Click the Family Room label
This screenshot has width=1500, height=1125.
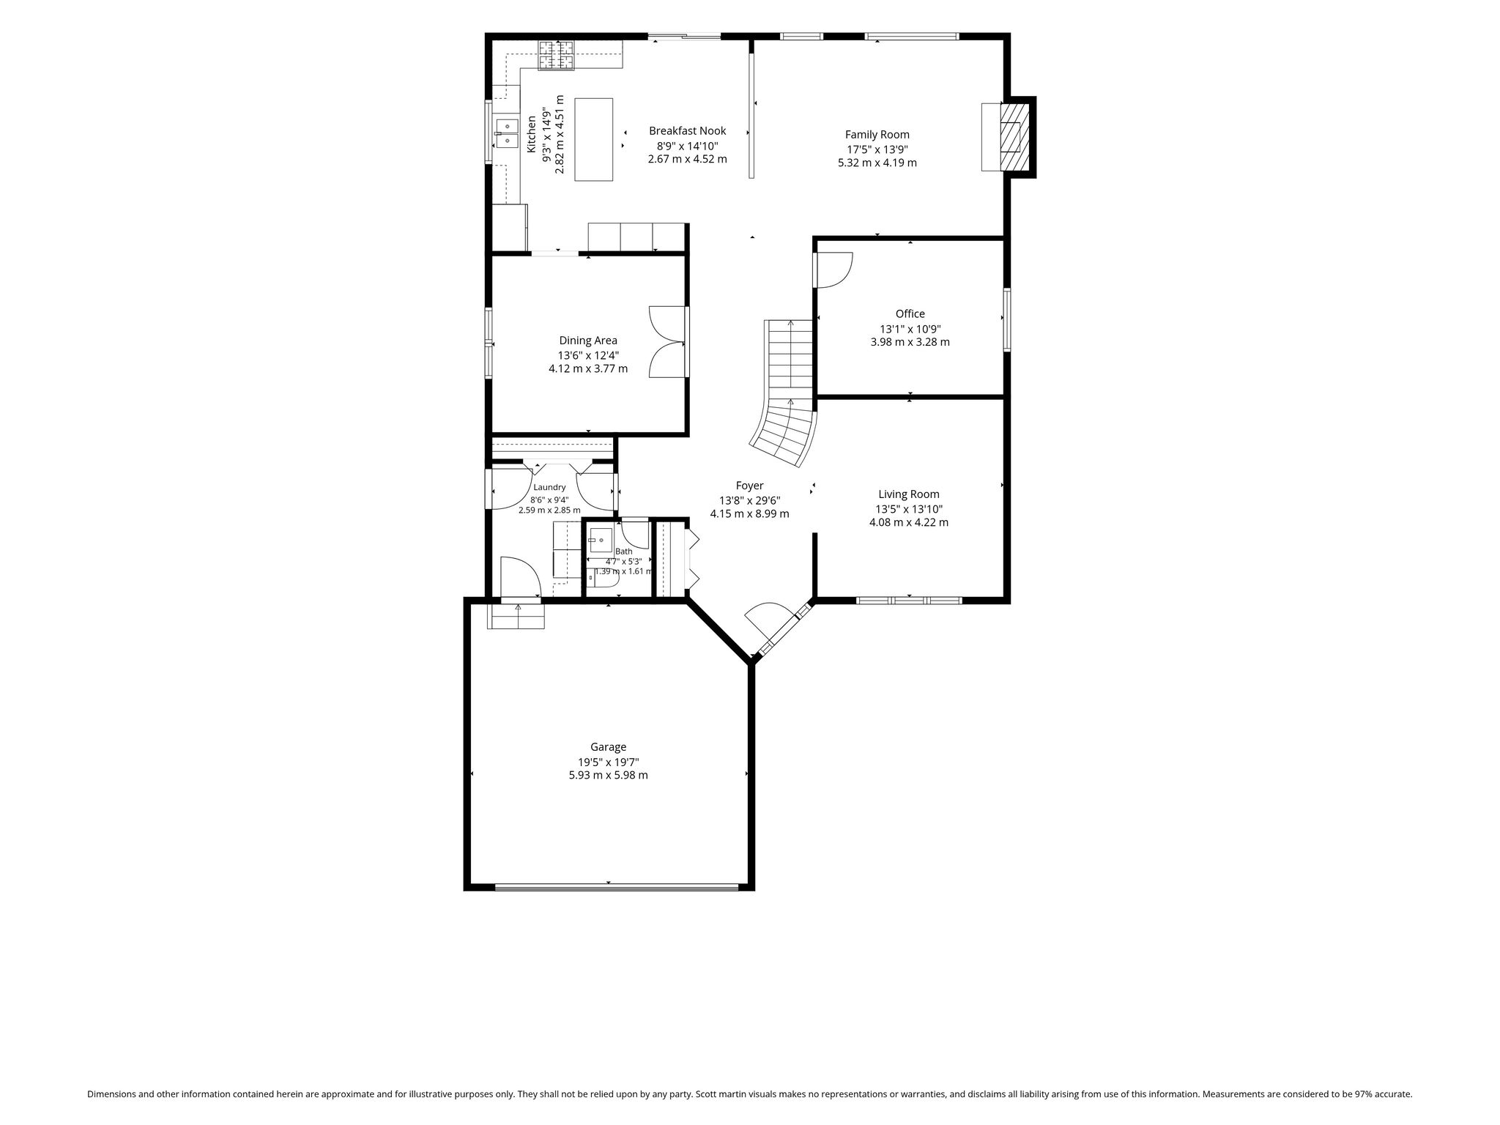tap(877, 135)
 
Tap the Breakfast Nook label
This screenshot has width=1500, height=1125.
tap(687, 131)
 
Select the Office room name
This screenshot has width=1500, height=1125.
tap(910, 314)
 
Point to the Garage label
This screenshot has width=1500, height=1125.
tap(608, 747)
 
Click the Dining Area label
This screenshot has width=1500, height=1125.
tap(588, 341)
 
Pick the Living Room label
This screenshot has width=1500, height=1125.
tap(909, 494)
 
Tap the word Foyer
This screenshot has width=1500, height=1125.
tap(749, 486)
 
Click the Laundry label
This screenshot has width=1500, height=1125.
tap(549, 488)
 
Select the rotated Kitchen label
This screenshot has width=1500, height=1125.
tap(532, 134)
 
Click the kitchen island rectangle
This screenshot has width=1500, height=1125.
tap(594, 139)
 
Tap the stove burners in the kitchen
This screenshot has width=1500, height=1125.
tap(557, 56)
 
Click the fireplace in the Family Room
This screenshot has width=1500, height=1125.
tap(1010, 137)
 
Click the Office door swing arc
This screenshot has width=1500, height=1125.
tap(836, 270)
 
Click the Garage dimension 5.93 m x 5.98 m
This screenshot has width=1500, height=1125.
tap(608, 775)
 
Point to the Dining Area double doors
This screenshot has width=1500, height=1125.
tap(667, 341)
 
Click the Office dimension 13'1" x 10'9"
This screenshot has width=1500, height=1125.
tap(910, 330)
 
